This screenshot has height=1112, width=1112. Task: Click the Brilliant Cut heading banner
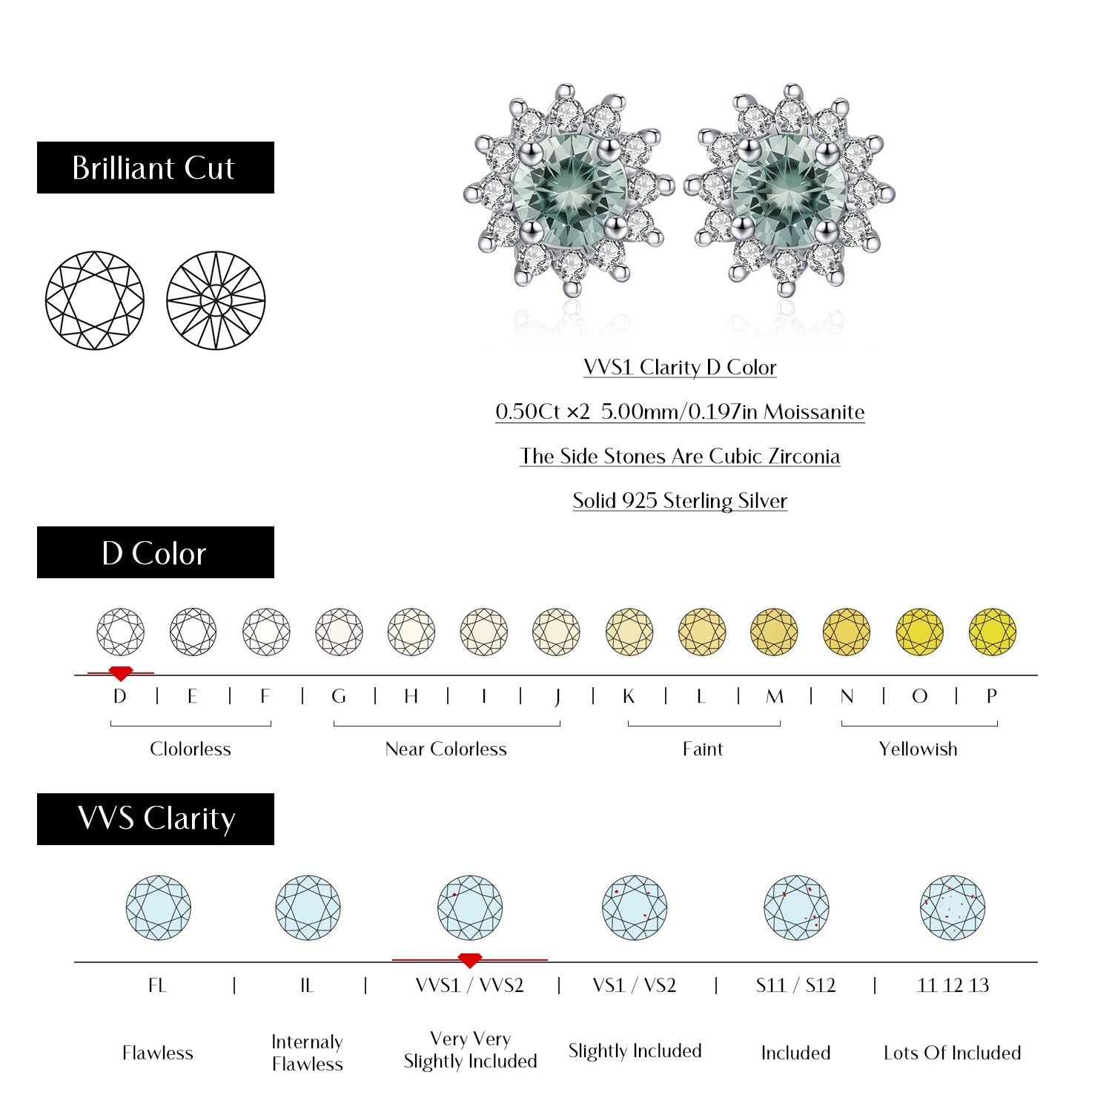[x=155, y=168]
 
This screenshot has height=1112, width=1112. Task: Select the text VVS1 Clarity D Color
[x=680, y=367]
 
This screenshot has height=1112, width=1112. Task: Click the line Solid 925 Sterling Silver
[x=680, y=500]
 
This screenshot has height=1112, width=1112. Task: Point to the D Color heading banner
[x=155, y=552]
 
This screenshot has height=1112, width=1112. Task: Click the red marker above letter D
[x=121, y=673]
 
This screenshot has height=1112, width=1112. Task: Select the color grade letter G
[x=339, y=696]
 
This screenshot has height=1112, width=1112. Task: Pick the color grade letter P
[x=992, y=696]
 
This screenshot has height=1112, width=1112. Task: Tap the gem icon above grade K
[x=629, y=632]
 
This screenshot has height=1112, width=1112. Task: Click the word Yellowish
[x=918, y=749]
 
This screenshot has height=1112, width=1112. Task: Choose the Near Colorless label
[x=446, y=749]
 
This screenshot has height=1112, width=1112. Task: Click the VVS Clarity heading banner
[x=155, y=819]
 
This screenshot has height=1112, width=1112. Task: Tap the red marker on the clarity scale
[x=470, y=960]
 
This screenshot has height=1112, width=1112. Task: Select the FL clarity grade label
[x=157, y=985]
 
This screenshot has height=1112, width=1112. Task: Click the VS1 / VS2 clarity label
[x=635, y=985]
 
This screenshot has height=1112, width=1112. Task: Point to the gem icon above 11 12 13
[x=953, y=907]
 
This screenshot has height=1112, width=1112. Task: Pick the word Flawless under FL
[x=157, y=1053]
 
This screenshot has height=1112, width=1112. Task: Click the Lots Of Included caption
[x=953, y=1053]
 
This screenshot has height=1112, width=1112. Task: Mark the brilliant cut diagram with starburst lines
[x=216, y=300]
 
